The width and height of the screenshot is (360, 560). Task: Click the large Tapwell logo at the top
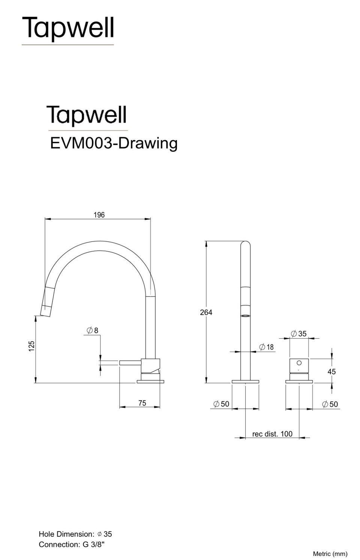pyautogui.click(x=68, y=29)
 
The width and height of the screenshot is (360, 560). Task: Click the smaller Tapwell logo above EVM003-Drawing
pyautogui.click(x=87, y=115)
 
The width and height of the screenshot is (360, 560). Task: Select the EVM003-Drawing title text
pyautogui.click(x=114, y=143)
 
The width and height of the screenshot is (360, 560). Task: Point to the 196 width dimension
pyautogui.click(x=99, y=215)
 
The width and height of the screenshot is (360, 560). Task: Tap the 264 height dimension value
pyautogui.click(x=206, y=312)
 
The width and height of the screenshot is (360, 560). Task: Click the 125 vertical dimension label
pyautogui.click(x=32, y=346)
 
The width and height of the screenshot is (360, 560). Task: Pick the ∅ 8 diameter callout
pyautogui.click(x=92, y=330)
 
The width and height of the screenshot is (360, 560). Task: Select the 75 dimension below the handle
pyautogui.click(x=142, y=403)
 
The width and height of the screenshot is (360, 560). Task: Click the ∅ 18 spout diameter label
pyautogui.click(x=267, y=347)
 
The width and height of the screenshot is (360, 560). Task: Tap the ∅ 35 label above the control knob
pyautogui.click(x=299, y=333)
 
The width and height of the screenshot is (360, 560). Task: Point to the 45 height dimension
pyautogui.click(x=331, y=372)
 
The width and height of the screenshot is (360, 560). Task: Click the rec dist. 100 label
pyautogui.click(x=272, y=434)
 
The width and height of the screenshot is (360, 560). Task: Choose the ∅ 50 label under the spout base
pyautogui.click(x=221, y=404)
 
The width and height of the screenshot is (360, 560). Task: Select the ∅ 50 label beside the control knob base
pyautogui.click(x=330, y=404)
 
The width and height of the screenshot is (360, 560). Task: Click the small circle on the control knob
pyautogui.click(x=299, y=363)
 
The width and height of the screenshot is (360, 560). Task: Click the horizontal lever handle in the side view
pyautogui.click(x=130, y=362)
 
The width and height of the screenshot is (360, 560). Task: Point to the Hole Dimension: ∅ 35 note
pyautogui.click(x=75, y=534)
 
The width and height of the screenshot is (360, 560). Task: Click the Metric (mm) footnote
pyautogui.click(x=330, y=554)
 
